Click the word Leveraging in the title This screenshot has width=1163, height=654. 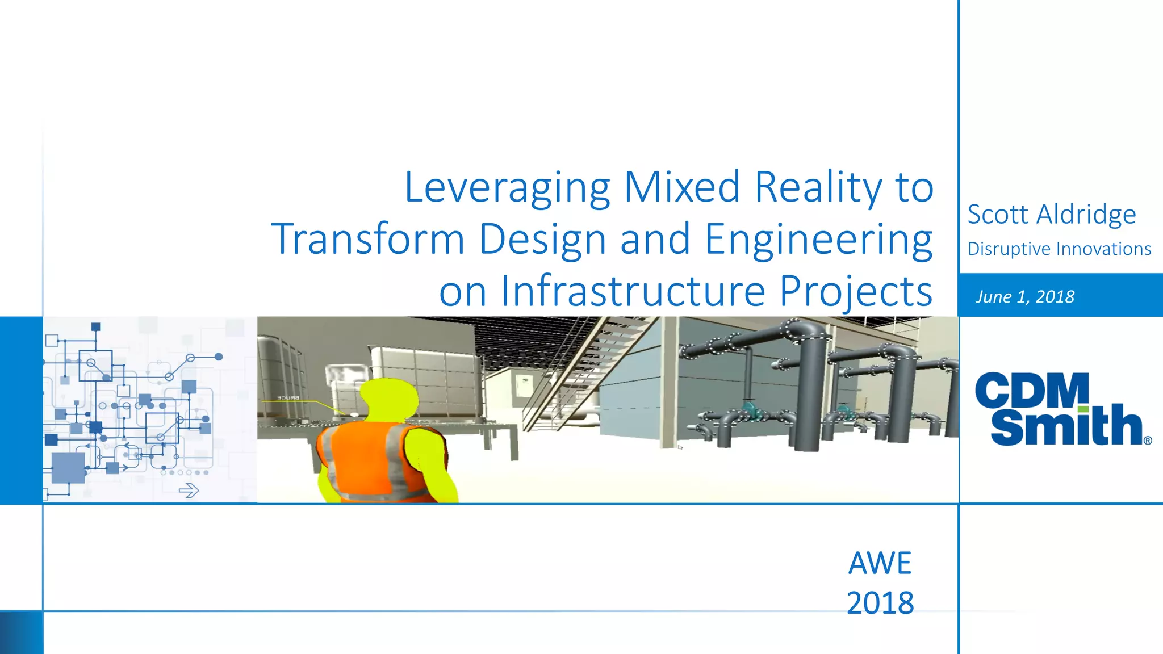507,187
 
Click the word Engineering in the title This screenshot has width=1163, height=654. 818,239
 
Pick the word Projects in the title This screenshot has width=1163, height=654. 855,291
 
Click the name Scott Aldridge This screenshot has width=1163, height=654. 1051,215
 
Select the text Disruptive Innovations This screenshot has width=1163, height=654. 1059,249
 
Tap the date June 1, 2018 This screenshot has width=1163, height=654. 1025,296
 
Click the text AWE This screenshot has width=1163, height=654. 880,563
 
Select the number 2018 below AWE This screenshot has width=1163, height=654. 880,603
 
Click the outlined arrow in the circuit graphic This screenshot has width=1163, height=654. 189,490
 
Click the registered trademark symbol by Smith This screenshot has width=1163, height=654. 1148,441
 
